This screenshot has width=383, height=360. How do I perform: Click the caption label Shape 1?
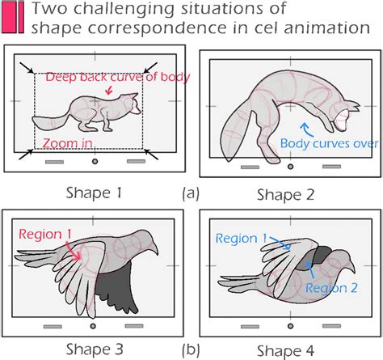(94, 193)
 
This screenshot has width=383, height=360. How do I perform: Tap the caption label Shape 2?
(286, 195)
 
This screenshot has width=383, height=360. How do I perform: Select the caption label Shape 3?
(95, 349)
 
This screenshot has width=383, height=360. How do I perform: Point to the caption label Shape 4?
(286, 351)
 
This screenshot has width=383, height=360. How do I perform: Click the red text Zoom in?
(68, 143)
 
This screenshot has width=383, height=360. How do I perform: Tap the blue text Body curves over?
(330, 143)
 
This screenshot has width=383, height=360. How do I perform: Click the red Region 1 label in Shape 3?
(45, 234)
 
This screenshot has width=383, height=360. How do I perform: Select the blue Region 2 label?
(331, 288)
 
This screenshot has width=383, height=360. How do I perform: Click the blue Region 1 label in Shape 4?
(242, 239)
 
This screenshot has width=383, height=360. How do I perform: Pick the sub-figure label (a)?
(191, 193)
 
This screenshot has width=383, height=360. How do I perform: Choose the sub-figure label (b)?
(191, 349)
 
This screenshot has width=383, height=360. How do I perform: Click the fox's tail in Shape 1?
(50, 121)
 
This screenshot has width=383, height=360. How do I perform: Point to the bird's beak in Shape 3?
(154, 248)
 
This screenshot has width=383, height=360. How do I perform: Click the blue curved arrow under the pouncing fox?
(306, 129)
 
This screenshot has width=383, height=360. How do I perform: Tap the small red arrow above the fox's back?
(108, 90)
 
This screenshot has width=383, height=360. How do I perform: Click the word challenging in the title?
(124, 9)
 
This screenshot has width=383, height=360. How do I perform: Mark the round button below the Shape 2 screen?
(290, 167)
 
